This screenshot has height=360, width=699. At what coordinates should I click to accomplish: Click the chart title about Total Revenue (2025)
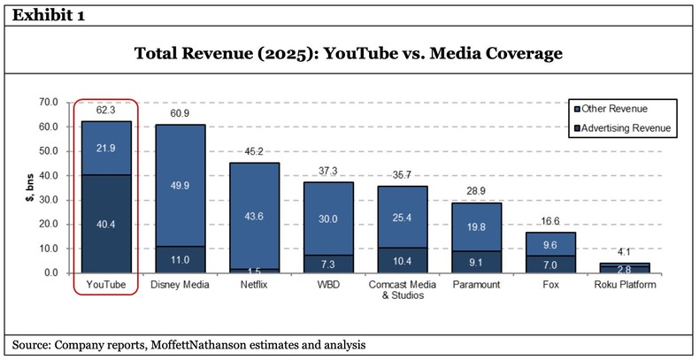(x=348, y=54)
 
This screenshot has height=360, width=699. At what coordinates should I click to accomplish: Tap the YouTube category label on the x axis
(x=106, y=285)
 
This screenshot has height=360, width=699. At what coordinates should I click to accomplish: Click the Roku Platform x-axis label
(x=625, y=285)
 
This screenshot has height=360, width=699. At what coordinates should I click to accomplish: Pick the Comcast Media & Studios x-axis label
(x=403, y=290)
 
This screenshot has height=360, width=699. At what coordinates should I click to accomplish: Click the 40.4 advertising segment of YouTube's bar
(x=106, y=224)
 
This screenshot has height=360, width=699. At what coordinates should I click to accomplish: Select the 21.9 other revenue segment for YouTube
(x=106, y=148)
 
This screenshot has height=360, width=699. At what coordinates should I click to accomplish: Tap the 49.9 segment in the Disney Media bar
(x=181, y=185)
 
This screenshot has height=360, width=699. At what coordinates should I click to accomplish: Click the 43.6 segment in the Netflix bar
(x=255, y=216)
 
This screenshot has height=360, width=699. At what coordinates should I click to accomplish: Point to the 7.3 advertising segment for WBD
(x=328, y=264)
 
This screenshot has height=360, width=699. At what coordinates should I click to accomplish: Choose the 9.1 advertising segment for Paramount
(x=476, y=262)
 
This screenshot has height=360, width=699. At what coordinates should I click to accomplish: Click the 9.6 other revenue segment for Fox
(x=550, y=244)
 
